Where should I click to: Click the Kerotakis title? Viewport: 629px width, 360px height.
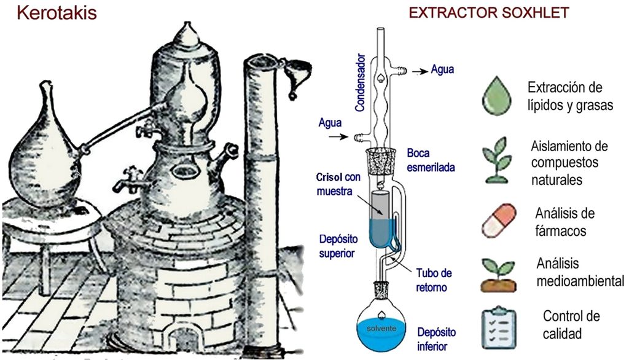point(57,13)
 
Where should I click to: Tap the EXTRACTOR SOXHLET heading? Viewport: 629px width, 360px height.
point(488,13)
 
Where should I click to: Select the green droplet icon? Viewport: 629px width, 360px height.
point(498,95)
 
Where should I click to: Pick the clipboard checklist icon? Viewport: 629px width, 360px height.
point(499,327)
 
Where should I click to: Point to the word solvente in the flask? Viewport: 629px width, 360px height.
point(381,328)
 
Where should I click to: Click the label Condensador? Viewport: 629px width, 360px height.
point(360,82)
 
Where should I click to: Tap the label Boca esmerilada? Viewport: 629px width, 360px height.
point(431,160)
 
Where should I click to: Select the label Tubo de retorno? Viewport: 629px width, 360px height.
point(434,280)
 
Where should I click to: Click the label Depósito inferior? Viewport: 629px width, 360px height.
point(437,338)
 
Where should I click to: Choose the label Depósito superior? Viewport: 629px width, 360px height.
point(338,246)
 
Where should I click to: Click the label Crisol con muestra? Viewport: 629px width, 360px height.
point(338,184)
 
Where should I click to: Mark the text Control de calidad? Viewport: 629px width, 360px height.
point(571,324)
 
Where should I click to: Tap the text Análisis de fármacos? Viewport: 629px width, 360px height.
point(565,222)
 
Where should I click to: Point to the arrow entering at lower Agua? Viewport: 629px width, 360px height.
point(338,137)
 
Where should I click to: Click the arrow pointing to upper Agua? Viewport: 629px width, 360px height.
point(420,71)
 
